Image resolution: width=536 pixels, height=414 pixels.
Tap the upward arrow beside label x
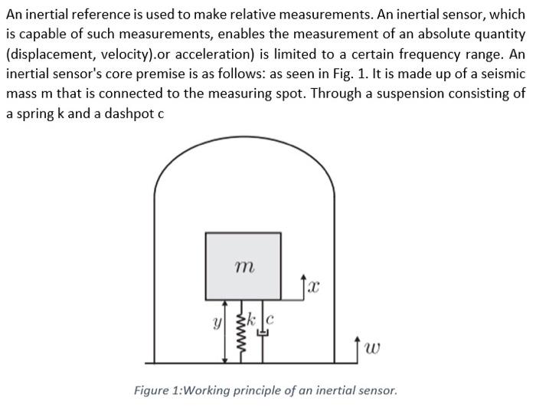(x=304, y=284)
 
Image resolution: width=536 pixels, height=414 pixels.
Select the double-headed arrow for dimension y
(x=224, y=330)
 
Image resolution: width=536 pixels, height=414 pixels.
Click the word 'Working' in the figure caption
(x=211, y=390)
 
